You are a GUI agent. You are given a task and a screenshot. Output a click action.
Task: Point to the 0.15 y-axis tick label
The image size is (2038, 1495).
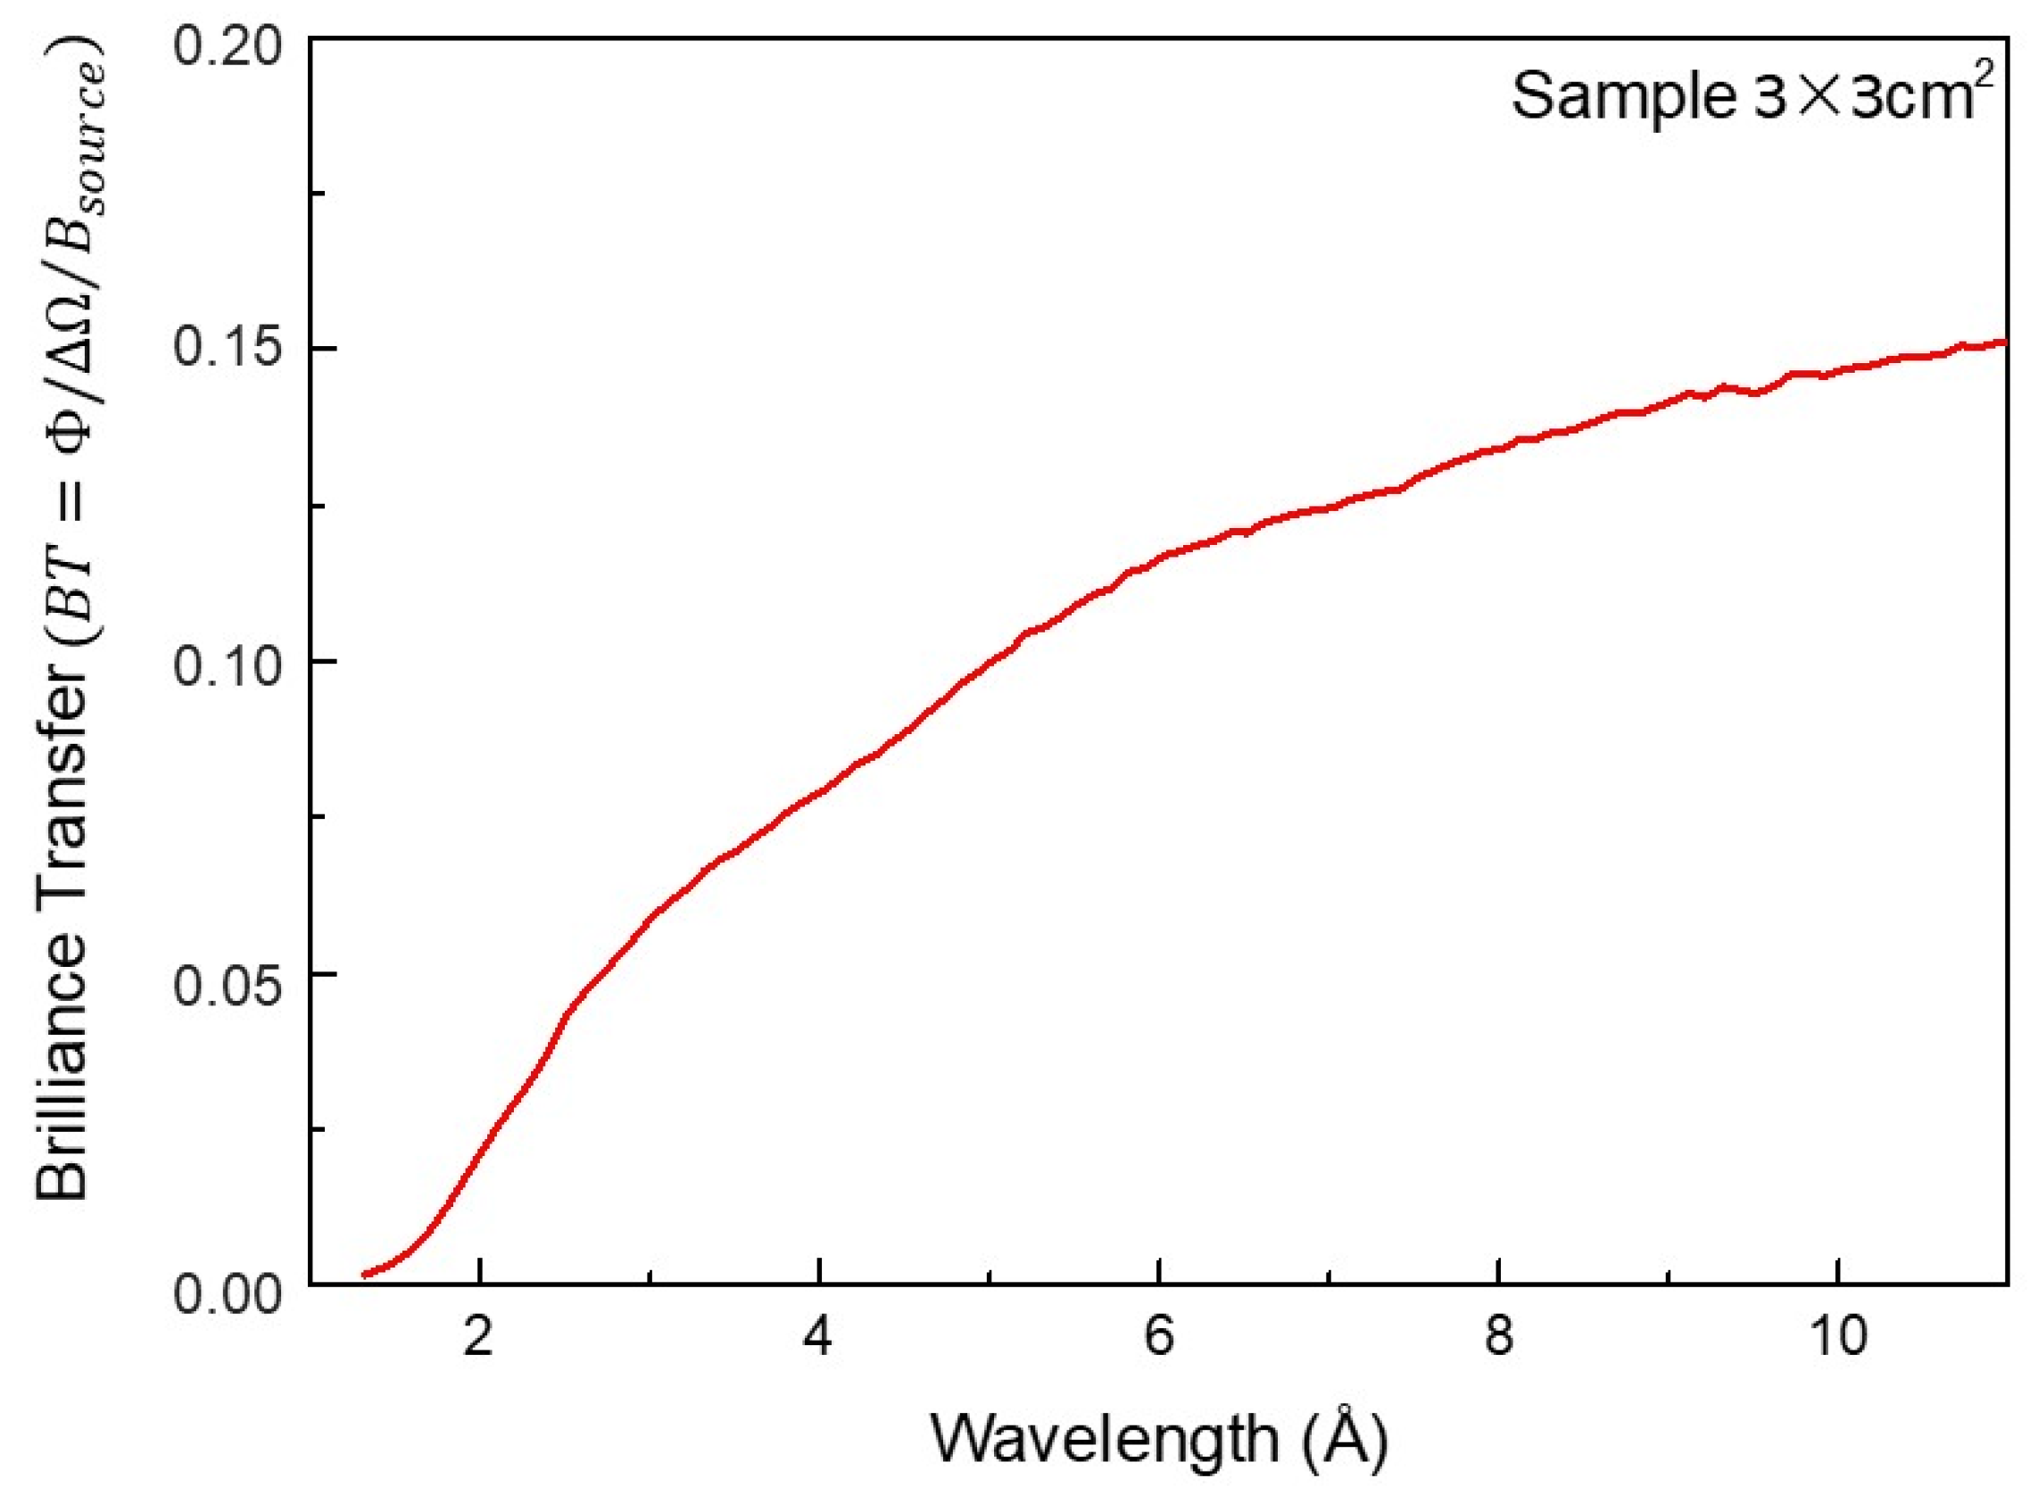[231, 350]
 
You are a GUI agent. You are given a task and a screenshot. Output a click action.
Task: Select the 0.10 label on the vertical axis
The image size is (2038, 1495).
[231, 664]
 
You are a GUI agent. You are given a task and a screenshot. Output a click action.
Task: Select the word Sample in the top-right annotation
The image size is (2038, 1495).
[1620, 96]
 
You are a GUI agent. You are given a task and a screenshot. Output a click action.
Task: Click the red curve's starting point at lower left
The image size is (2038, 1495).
[365, 1274]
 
